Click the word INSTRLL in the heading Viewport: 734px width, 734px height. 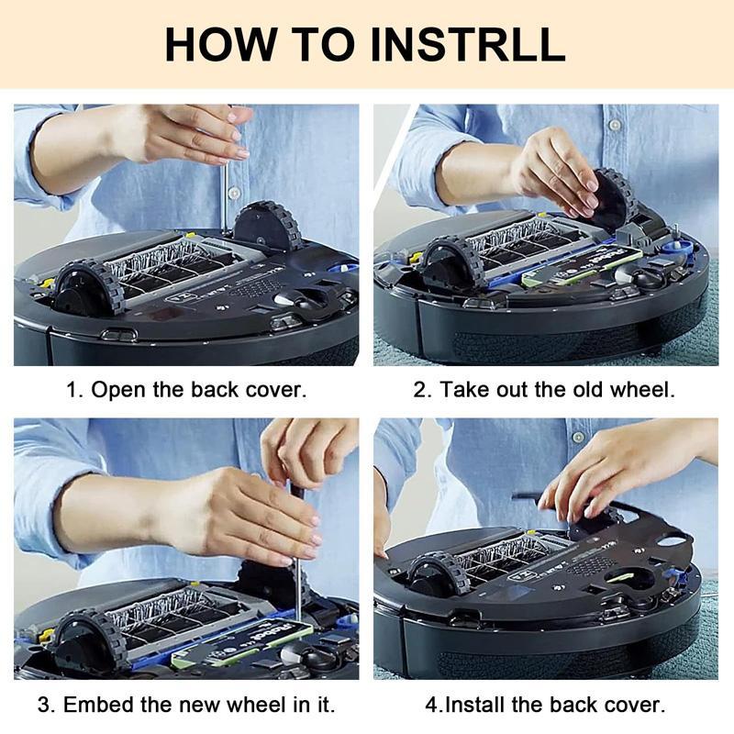coord(468,44)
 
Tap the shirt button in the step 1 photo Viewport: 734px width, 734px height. coord(234,193)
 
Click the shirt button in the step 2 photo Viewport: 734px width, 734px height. coord(615,125)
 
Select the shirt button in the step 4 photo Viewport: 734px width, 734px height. coord(579,438)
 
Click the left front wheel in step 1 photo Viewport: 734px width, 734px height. coord(87,288)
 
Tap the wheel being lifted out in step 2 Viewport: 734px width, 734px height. coord(611,199)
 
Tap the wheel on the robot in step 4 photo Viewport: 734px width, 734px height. coord(439,575)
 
